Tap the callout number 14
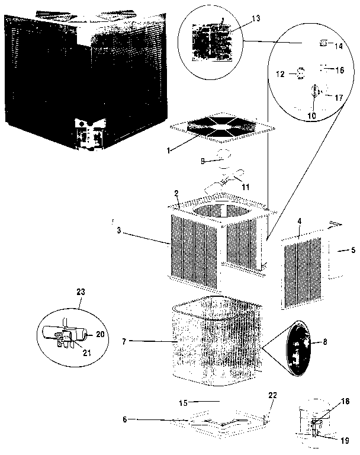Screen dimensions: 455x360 click(x=339, y=45)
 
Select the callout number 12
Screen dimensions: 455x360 click(x=281, y=74)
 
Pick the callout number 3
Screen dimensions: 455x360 click(x=118, y=230)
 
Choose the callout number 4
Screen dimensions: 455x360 click(x=299, y=221)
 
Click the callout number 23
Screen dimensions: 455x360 click(x=81, y=291)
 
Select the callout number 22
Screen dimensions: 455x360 click(x=272, y=395)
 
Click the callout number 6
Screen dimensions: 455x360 click(x=125, y=420)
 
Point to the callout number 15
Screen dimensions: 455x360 click(x=184, y=402)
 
